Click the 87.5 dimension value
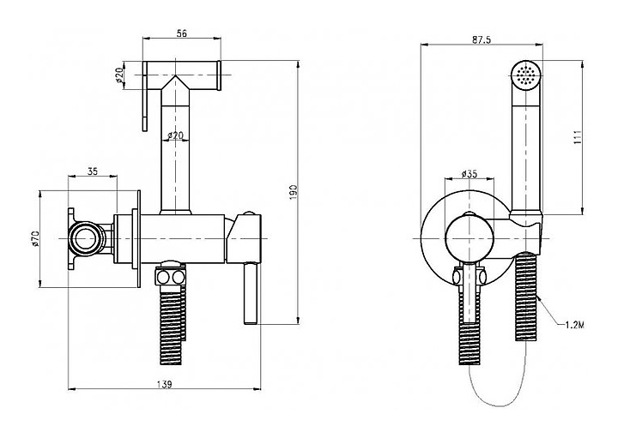tap(481, 39)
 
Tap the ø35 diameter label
tap(470, 174)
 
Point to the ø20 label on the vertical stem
tap(174, 135)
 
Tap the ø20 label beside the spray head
tap(119, 76)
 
